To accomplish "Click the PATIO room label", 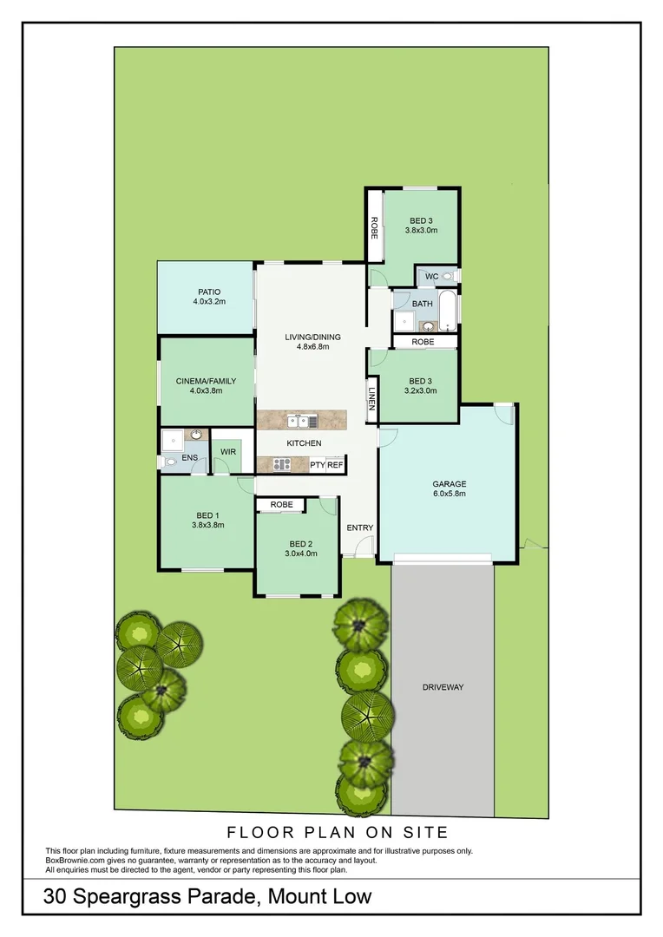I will point(208,292).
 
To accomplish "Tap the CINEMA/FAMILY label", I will point(200,380).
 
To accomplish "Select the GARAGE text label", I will point(450,484).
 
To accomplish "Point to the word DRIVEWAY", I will point(443,687).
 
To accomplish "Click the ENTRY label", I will point(359,527).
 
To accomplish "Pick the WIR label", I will point(228,452).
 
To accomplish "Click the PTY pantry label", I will point(317,465).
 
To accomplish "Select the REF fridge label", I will point(335,465).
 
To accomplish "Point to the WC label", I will point(431,277).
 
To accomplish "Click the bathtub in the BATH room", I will point(446,312).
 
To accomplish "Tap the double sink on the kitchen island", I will point(300,421).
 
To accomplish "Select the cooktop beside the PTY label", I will point(281,464).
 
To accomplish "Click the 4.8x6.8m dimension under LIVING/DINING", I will point(313,347).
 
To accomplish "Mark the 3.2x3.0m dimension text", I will point(420,391).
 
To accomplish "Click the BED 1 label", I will point(207,515).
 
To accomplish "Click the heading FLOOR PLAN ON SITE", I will point(337,832).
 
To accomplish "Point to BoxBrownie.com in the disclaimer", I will point(76,861).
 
